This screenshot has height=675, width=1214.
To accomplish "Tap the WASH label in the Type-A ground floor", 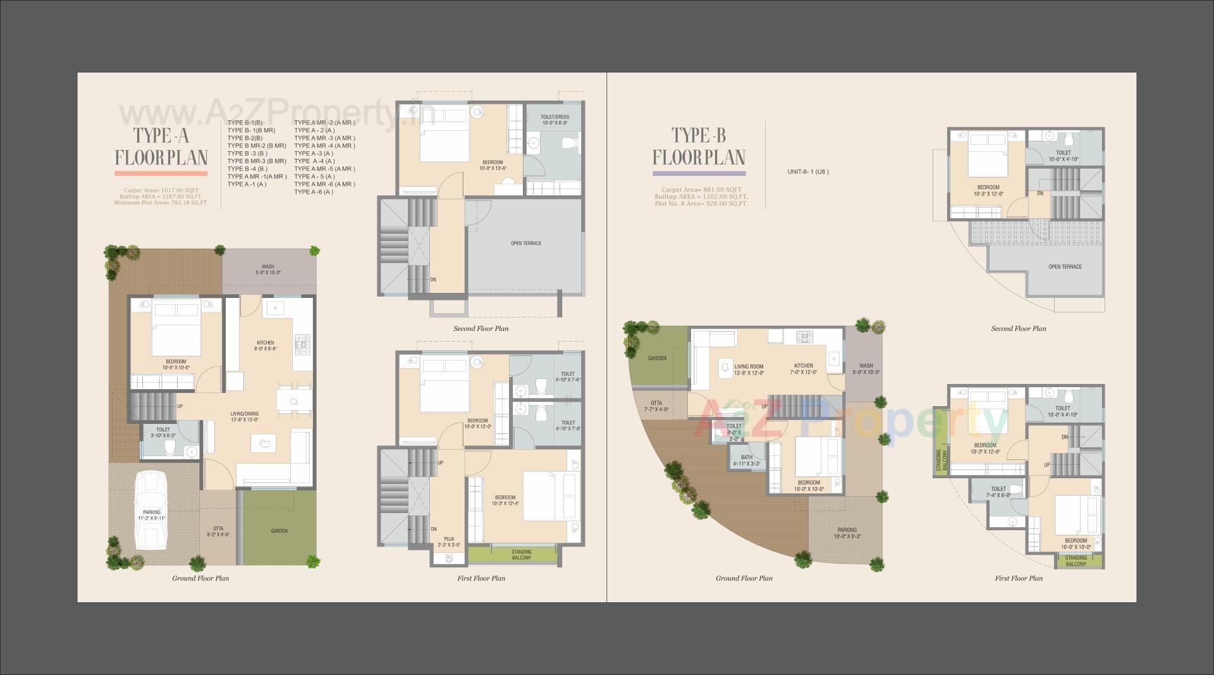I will [267, 267].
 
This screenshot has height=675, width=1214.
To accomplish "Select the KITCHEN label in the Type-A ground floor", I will [266, 343].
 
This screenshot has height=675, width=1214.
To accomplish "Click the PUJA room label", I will [449, 539].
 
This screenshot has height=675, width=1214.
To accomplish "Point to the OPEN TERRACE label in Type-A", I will [526, 244].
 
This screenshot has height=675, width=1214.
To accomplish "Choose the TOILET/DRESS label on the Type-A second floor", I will [555, 117].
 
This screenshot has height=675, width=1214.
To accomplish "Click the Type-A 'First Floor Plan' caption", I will [481, 578].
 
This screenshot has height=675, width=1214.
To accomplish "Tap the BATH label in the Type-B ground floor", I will [747, 457].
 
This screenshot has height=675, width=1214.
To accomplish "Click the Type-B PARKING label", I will [847, 530].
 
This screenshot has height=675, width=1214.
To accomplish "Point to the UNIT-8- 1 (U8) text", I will [807, 171].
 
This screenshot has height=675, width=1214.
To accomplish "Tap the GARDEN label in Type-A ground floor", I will [279, 531].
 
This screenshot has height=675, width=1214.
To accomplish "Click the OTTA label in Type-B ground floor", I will [656, 403].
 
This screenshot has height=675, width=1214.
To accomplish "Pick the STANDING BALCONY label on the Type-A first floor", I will [522, 555].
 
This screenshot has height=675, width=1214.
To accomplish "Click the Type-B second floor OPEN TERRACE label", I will [1065, 267].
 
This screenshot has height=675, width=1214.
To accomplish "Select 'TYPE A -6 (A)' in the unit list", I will [314, 192].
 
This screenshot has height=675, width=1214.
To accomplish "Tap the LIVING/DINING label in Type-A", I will [244, 414].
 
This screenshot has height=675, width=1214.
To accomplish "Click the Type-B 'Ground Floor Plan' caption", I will [744, 578].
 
